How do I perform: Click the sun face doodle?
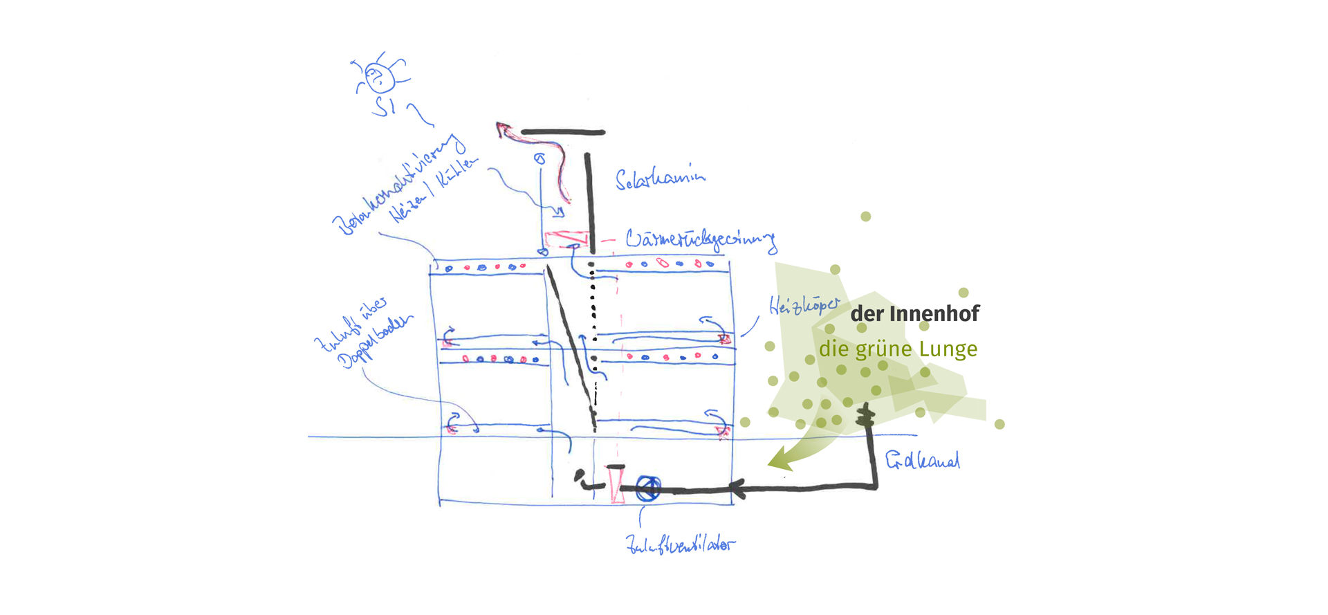pyautogui.click(x=378, y=77)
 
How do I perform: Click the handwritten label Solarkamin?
pyautogui.click(x=660, y=179)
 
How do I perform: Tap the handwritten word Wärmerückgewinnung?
pyautogui.click(x=701, y=239)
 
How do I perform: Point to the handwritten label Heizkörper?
pyautogui.click(x=804, y=305)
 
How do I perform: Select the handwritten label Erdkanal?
pyautogui.click(x=923, y=460)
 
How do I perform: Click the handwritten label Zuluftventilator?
pyautogui.click(x=680, y=545)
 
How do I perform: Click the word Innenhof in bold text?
pyautogui.click(x=934, y=314)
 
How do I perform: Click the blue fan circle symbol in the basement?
pyautogui.click(x=648, y=488)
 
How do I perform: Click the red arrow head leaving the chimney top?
pyautogui.click(x=502, y=129)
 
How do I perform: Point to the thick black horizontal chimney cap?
pyautogui.click(x=563, y=132)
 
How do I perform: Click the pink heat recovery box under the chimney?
pyautogui.click(x=566, y=239)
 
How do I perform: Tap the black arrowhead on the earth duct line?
pyautogui.click(x=737, y=489)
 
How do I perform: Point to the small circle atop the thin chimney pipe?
pyautogui.click(x=540, y=159)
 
